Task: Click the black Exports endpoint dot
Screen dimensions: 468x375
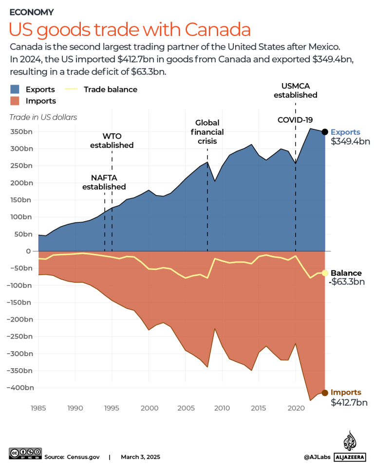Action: (x=325, y=132)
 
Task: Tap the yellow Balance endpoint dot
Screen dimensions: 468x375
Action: (x=325, y=273)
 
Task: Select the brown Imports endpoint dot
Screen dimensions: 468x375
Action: (x=325, y=393)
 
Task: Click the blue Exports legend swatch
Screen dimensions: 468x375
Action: (x=15, y=90)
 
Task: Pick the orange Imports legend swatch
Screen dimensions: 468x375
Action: (x=15, y=101)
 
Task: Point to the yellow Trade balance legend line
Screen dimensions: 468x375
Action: (x=72, y=90)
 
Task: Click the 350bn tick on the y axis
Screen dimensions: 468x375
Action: (x=22, y=132)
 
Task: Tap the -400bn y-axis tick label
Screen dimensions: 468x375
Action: (x=20, y=388)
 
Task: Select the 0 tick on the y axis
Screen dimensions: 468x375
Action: (x=28, y=251)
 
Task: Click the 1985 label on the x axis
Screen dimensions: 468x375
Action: (x=38, y=407)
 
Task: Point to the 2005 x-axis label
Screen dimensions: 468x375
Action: (x=185, y=407)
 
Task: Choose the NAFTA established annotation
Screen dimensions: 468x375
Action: (x=104, y=182)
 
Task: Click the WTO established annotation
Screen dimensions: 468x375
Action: (x=112, y=141)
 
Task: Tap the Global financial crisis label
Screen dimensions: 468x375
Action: (x=207, y=132)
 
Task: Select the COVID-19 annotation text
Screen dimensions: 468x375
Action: (x=295, y=120)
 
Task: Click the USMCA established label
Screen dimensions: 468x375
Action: (x=295, y=90)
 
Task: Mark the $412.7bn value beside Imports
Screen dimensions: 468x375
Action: (x=349, y=402)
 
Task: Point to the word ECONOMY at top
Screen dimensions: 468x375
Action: (x=32, y=12)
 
